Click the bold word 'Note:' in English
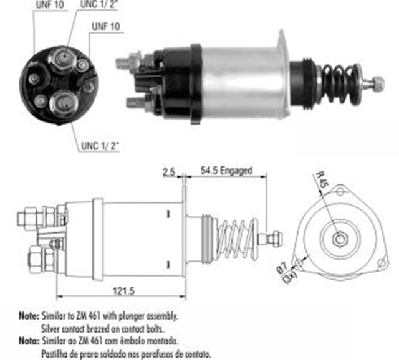(28, 316)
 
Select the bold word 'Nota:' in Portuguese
(28, 341)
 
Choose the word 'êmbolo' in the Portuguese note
(138, 341)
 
